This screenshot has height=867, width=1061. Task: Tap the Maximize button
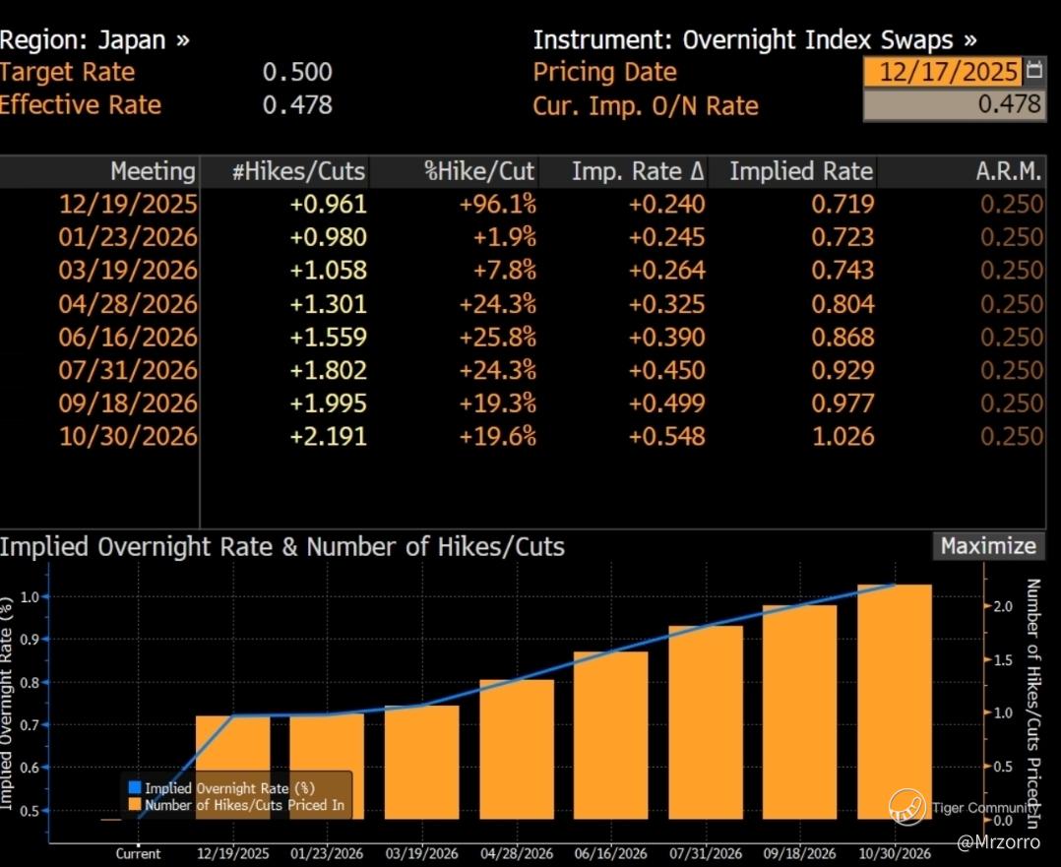tap(987, 546)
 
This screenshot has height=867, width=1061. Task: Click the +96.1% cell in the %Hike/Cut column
tap(497, 205)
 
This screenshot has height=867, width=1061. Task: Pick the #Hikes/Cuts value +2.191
tap(328, 437)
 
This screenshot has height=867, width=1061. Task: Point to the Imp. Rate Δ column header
tap(638, 171)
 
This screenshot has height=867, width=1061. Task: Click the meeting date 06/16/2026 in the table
tap(128, 338)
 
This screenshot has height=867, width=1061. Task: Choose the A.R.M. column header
tap(1010, 171)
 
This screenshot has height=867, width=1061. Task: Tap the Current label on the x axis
tap(138, 853)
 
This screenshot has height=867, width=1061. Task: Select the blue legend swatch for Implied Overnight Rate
tap(135, 788)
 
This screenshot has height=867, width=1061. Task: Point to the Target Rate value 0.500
tap(297, 72)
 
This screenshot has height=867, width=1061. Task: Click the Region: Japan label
tap(94, 40)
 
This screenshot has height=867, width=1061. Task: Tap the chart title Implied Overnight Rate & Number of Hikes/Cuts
tap(282, 546)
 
